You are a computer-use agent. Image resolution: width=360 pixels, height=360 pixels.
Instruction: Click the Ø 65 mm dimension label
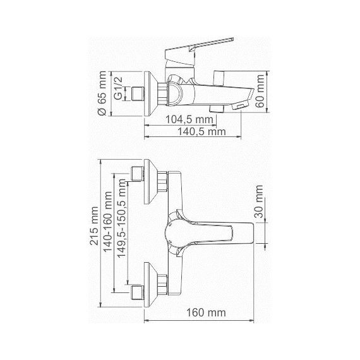click(102, 93)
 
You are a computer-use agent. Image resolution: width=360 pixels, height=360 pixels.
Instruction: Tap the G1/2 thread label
click(118, 88)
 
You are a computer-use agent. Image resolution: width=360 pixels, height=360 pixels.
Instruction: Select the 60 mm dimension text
click(260, 91)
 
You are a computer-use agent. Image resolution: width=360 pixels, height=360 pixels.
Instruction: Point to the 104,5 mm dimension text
click(189, 119)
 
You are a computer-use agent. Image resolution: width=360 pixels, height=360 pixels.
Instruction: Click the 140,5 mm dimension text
click(202, 132)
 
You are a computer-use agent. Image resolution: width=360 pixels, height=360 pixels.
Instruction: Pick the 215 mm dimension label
click(94, 226)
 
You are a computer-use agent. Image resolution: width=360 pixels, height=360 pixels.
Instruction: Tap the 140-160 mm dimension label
click(107, 222)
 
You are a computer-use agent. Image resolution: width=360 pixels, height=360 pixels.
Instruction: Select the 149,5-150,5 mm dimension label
click(121, 219)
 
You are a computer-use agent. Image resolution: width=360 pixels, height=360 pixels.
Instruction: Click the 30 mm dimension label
click(259, 201)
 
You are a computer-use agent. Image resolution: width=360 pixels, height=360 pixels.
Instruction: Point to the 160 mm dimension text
click(206, 313)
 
